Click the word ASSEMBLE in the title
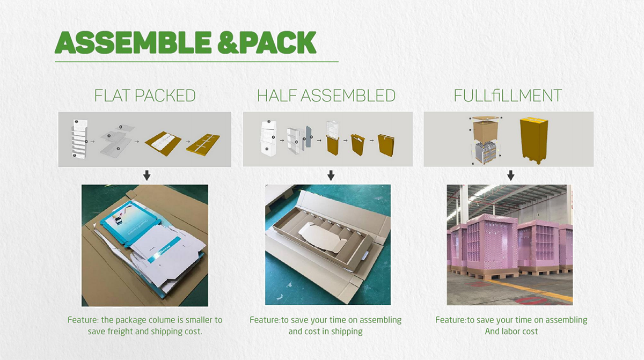133,42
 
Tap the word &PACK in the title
267,42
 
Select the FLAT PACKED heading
145,95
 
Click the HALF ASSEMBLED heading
326,95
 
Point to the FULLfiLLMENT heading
508,95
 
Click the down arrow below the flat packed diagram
147,175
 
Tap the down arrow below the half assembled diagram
331,175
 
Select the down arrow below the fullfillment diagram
510,175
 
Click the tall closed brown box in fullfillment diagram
534,140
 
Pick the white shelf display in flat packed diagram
79,138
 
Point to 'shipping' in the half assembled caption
347,332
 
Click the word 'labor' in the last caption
513,331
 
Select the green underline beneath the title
196,62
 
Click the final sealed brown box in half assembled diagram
386,145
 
